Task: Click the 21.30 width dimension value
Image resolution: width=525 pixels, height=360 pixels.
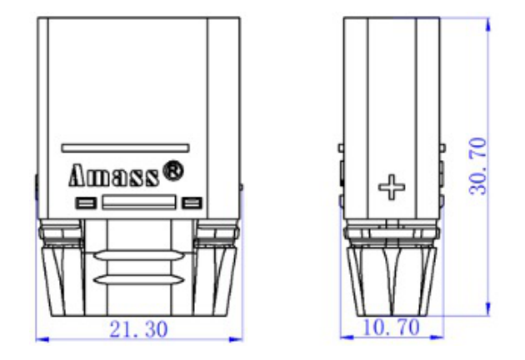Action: [138, 329]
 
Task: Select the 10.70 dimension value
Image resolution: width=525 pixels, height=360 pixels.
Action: [391, 327]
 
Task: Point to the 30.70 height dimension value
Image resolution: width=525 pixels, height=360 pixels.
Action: [477, 167]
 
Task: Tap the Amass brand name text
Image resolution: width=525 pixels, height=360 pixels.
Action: [113, 176]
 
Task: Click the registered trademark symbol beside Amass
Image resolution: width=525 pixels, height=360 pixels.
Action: [173, 171]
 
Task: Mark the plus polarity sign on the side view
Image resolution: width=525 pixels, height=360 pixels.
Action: [392, 187]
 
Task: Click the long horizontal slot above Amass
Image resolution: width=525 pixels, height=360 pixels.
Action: [125, 148]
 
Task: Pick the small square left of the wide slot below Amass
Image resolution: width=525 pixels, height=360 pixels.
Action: [86, 202]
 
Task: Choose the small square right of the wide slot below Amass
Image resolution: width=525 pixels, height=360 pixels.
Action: [192, 202]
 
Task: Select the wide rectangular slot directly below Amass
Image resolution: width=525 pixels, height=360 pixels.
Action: [139, 202]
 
